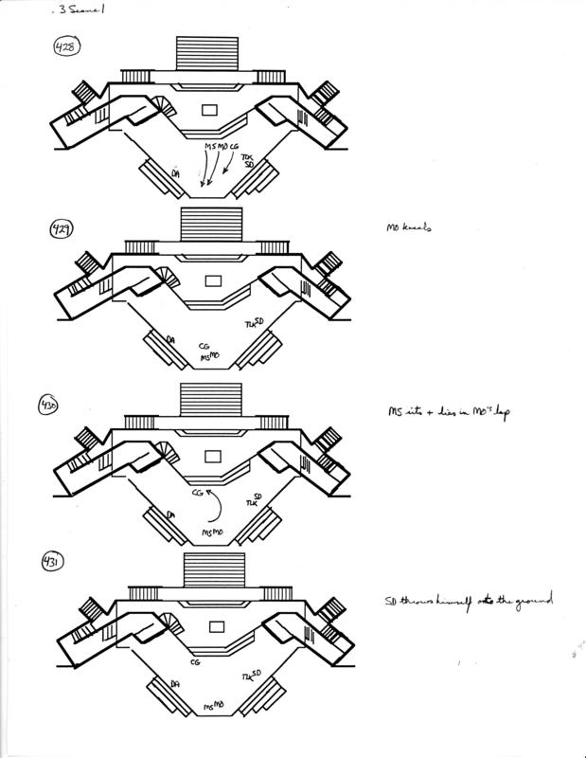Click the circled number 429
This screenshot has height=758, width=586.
click(x=62, y=228)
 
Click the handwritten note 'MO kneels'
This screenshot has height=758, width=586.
click(x=404, y=228)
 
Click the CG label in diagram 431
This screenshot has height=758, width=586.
click(x=195, y=663)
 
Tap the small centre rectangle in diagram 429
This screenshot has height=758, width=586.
click(x=212, y=281)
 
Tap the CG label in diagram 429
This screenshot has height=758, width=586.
click(x=204, y=347)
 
